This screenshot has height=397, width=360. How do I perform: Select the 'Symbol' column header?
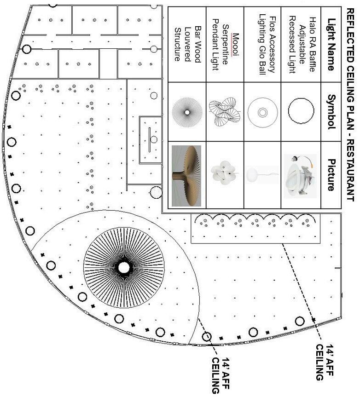pyautogui.click(x=331, y=111)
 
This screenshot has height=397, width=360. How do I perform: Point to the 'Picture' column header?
pyautogui.click(x=331, y=174)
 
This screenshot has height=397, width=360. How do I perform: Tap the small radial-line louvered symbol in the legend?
pyautogui.click(x=187, y=112)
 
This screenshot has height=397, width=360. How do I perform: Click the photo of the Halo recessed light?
pyautogui.click(x=300, y=175)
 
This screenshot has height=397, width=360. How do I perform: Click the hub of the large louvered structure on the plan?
pyautogui.click(x=123, y=267)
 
